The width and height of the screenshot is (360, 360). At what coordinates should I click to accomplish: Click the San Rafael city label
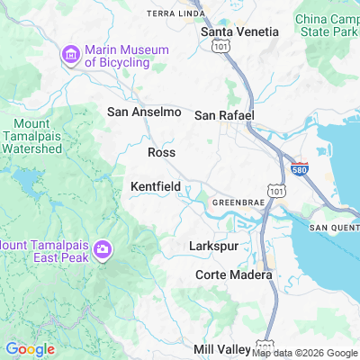pos(225,115)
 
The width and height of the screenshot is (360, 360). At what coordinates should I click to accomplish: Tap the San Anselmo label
pos(144,112)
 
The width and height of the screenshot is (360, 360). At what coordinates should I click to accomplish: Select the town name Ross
pos(161,153)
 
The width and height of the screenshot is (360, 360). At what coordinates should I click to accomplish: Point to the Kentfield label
pos(156,186)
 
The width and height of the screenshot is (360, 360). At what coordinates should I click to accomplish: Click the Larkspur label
pos(212,245)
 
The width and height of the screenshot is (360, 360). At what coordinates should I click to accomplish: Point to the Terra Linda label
pos(175,14)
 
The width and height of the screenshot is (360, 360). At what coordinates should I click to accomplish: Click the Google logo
pos(30,349)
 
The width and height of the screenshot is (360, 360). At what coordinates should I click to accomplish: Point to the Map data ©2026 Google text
pos(304,353)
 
